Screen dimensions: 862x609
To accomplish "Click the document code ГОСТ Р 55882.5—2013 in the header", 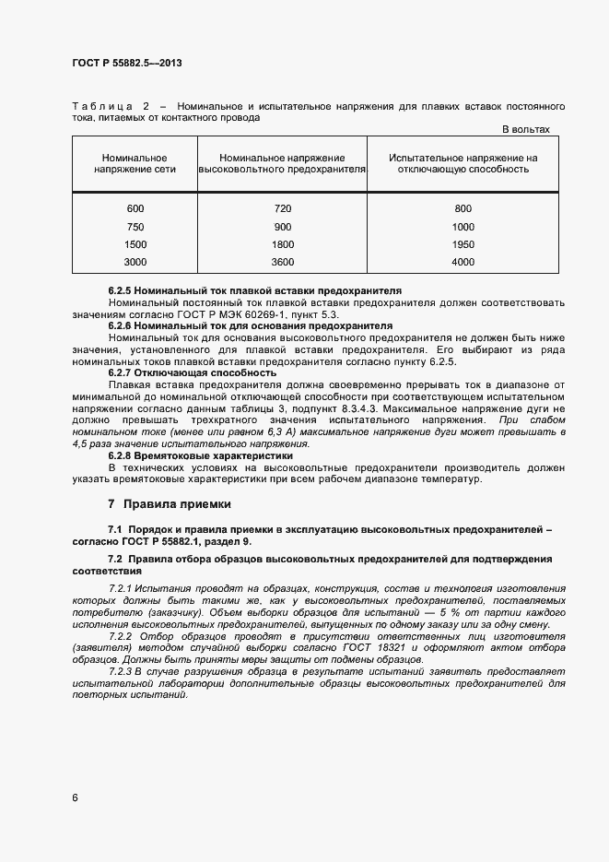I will click(x=134, y=64).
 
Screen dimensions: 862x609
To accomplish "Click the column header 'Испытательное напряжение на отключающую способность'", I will click(x=463, y=164).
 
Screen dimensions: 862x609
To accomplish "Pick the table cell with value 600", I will click(x=135, y=208).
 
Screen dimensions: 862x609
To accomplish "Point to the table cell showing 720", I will click(x=283, y=208).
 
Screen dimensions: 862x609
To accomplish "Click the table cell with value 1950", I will click(x=463, y=244).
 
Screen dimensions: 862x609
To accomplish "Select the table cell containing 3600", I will click(x=283, y=263).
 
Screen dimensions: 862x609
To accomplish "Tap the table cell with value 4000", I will click(x=463, y=263).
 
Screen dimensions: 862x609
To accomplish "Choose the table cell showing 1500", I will click(x=135, y=244).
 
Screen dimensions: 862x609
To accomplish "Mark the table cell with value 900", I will click(x=283, y=227).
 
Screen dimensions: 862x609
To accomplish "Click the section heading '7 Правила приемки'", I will click(x=170, y=504).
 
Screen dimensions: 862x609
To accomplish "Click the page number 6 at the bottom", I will click(x=75, y=797).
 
